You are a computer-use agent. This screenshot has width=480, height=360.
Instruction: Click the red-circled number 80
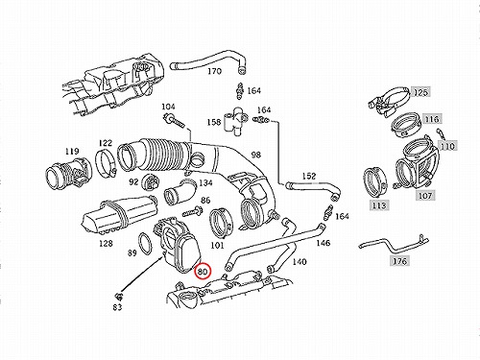point(203,272)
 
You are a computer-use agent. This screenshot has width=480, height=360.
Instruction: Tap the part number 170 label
point(214,71)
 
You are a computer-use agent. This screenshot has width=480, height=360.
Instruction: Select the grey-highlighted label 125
point(420,92)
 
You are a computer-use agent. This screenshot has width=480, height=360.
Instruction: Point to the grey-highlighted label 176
point(399,261)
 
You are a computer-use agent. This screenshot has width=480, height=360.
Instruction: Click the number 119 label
point(72,151)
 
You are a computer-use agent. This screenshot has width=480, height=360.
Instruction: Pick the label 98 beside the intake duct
point(255,155)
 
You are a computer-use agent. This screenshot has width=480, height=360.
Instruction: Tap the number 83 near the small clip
point(117,307)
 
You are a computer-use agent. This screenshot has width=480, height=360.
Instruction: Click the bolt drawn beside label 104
point(175,121)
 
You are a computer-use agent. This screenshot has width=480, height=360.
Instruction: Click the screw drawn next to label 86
point(192,211)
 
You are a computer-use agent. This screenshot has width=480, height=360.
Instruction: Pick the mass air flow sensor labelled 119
point(68,176)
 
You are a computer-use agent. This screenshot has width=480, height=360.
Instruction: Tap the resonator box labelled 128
point(118,213)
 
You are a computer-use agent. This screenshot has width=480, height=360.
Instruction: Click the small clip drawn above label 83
point(119,296)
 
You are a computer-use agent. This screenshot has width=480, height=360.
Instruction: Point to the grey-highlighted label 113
point(379,204)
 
